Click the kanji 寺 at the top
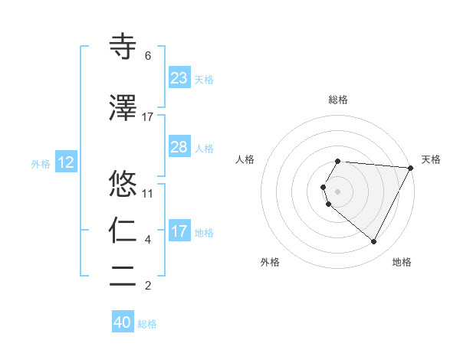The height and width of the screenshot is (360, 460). (x=123, y=46)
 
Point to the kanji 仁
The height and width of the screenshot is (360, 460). (x=123, y=230)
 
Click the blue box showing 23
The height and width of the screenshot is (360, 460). (x=179, y=78)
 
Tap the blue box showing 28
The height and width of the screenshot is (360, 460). (x=179, y=147)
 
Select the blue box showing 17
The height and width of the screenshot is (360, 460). (x=179, y=231)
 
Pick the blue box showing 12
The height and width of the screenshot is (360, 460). (x=66, y=162)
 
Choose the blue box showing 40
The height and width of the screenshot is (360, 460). (x=123, y=322)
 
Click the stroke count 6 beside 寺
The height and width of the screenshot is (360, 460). (x=148, y=56)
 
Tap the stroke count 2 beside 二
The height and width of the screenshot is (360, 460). (x=148, y=286)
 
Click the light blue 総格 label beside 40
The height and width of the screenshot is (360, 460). (x=147, y=324)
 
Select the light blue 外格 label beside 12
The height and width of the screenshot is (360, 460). (x=41, y=163)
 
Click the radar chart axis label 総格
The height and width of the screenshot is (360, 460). (x=338, y=100)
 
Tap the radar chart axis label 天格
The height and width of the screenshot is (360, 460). (x=431, y=159)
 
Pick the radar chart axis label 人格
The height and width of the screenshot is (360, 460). (x=245, y=159)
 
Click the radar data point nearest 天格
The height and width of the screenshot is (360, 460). (x=411, y=168)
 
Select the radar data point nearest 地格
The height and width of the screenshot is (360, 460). (x=374, y=242)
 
